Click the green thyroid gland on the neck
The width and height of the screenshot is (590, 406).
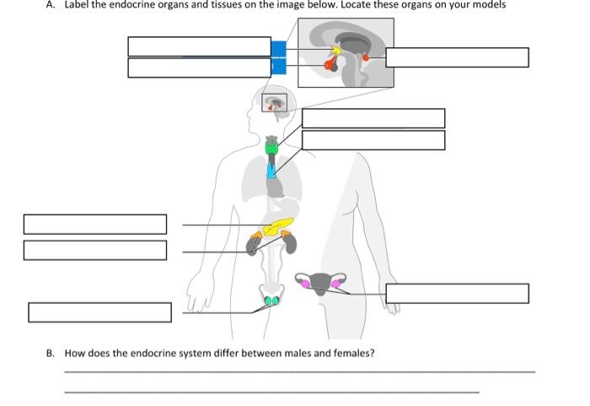coord(272,148)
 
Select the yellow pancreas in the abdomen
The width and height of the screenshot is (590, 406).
coord(277,227)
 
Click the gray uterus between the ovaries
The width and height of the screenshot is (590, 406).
coord(320,284)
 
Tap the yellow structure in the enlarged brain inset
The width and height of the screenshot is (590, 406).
coord(335,51)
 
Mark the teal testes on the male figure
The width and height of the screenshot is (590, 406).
coord(271,300)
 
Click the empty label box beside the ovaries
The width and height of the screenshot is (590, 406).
coord(457,293)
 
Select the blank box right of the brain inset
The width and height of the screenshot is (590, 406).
coord(457,57)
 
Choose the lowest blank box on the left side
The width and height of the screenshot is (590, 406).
coord(99,311)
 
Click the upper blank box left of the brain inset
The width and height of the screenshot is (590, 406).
coord(199,46)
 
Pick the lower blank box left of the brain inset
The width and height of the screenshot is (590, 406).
coord(199,68)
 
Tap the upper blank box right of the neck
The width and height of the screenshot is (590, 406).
coord(373,118)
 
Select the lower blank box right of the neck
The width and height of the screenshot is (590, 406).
coord(373,140)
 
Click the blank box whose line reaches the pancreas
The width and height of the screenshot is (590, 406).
coord(94,225)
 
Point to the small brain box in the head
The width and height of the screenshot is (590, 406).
coord(275,103)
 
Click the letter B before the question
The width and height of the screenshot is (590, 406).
coord(51,353)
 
